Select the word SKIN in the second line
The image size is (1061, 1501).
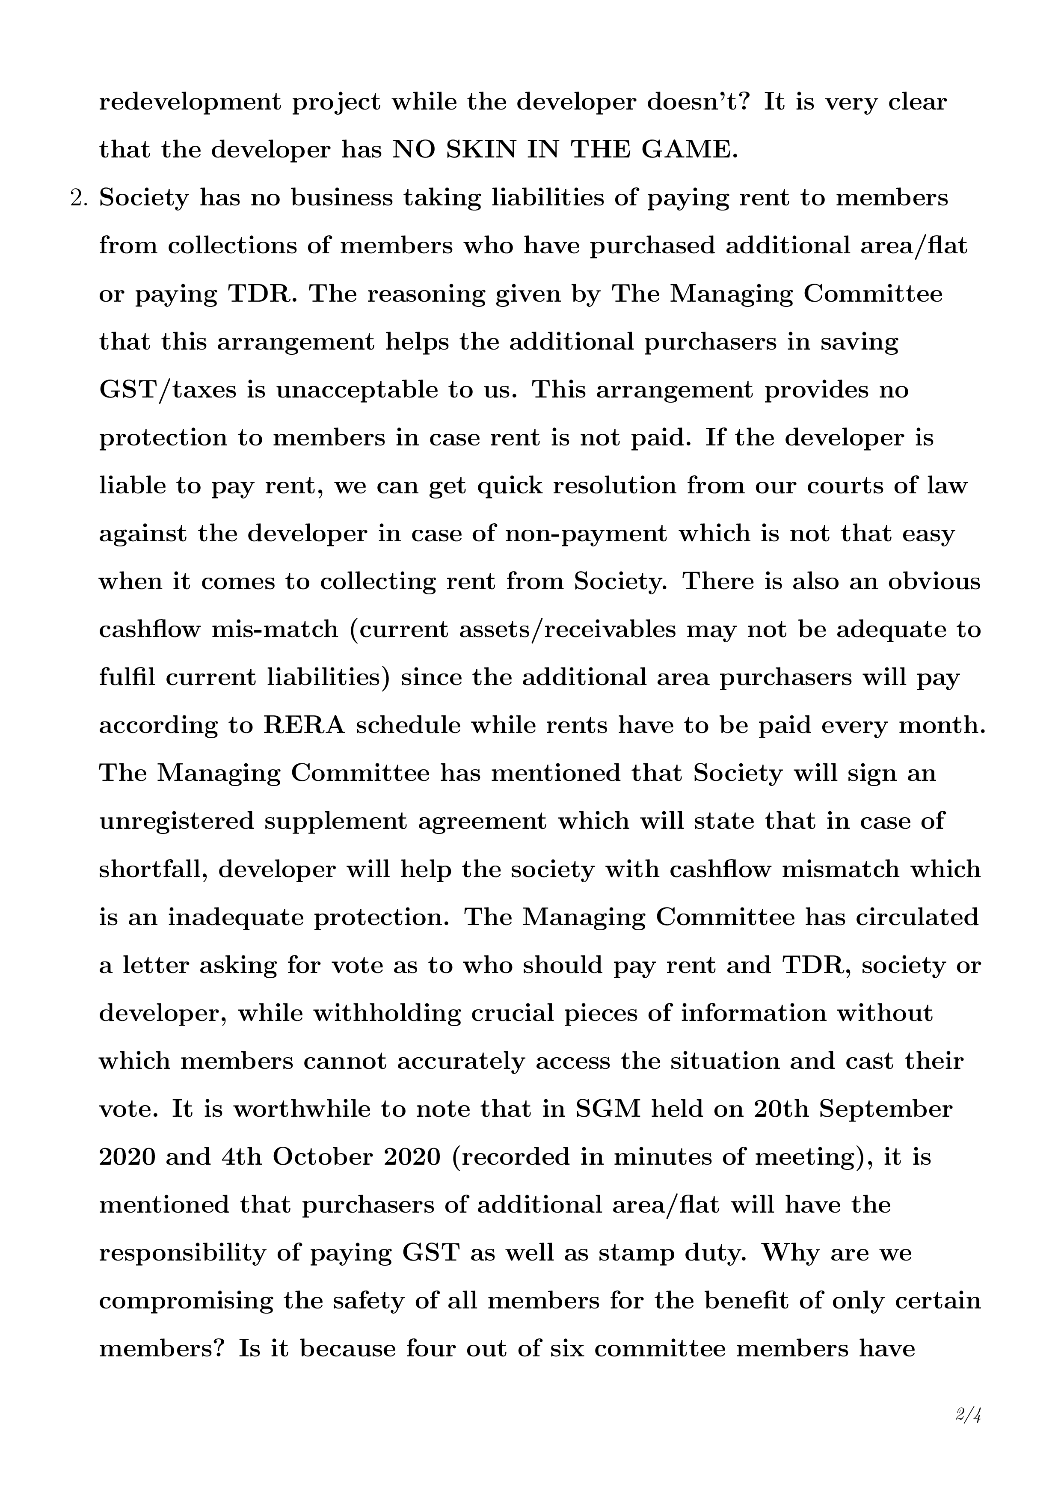[x=480, y=150]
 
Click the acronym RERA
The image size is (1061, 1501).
[x=304, y=726]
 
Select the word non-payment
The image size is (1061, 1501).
[x=587, y=534]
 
